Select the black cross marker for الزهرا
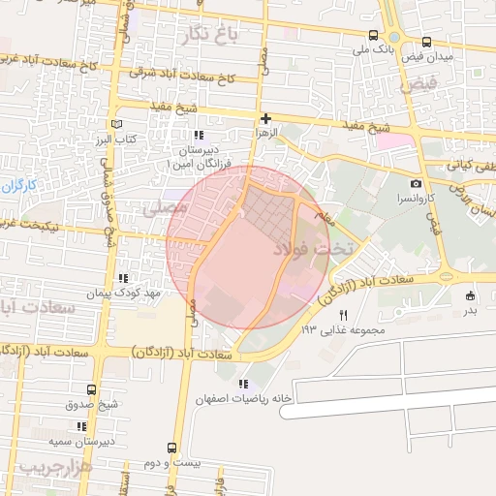coord(265,118)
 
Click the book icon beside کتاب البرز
coord(118,125)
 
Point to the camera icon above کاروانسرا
coord(416,184)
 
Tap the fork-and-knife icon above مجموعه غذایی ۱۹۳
coord(342,315)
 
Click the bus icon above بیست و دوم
coord(171,448)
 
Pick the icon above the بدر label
coord(470,295)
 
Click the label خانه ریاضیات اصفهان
coord(243,399)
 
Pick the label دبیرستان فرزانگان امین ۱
coord(199,158)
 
